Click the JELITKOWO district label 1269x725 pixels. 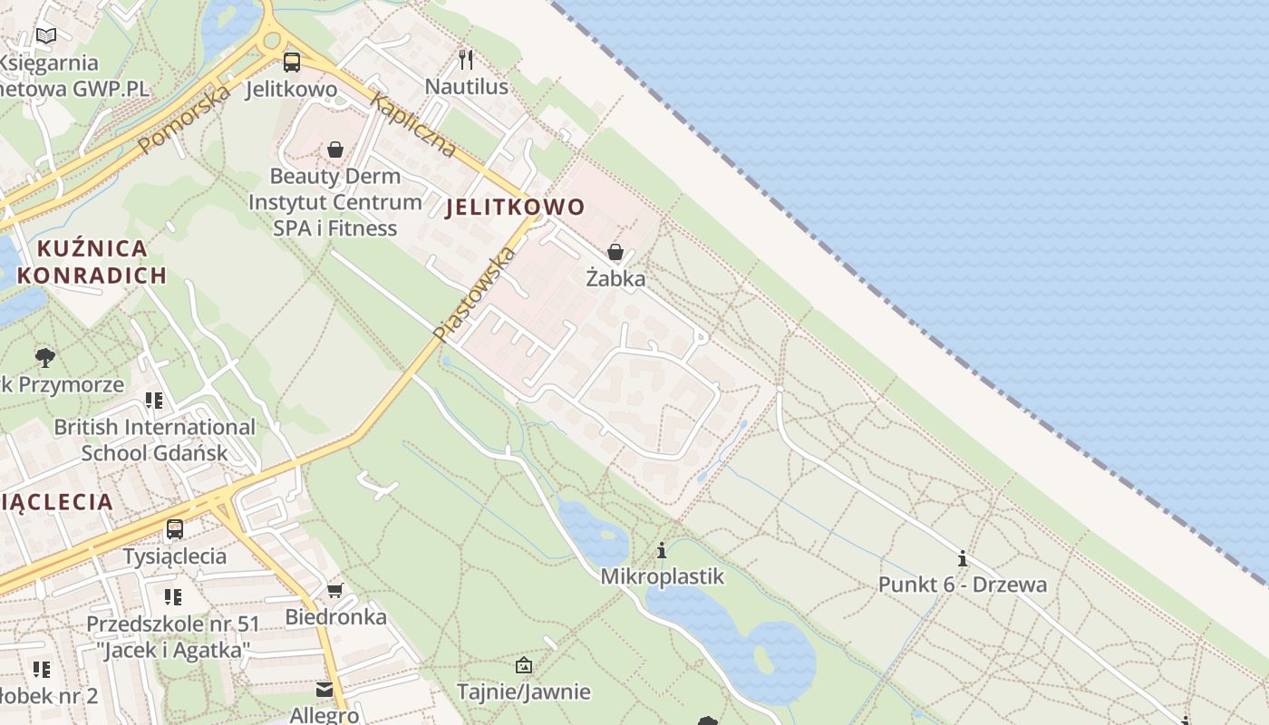[516, 207]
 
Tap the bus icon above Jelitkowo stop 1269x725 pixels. [292, 62]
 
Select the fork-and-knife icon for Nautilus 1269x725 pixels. [466, 60]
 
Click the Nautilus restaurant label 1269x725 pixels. [467, 87]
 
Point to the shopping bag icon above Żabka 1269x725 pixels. [615, 251]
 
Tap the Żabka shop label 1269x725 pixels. [615, 278]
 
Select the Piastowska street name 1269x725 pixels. [474, 294]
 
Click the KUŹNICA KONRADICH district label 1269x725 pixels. [92, 261]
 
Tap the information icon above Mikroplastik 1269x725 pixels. [662, 550]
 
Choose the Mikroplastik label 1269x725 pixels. [662, 576]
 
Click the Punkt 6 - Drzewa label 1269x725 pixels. [962, 585]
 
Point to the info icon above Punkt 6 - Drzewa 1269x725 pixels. [962, 558]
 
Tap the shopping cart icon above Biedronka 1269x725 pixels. [335, 591]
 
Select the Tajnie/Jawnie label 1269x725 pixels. [524, 692]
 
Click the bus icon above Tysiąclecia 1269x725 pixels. [175, 529]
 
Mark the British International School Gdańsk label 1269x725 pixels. [154, 440]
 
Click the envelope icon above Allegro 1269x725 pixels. [325, 691]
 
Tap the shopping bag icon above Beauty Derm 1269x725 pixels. [335, 149]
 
